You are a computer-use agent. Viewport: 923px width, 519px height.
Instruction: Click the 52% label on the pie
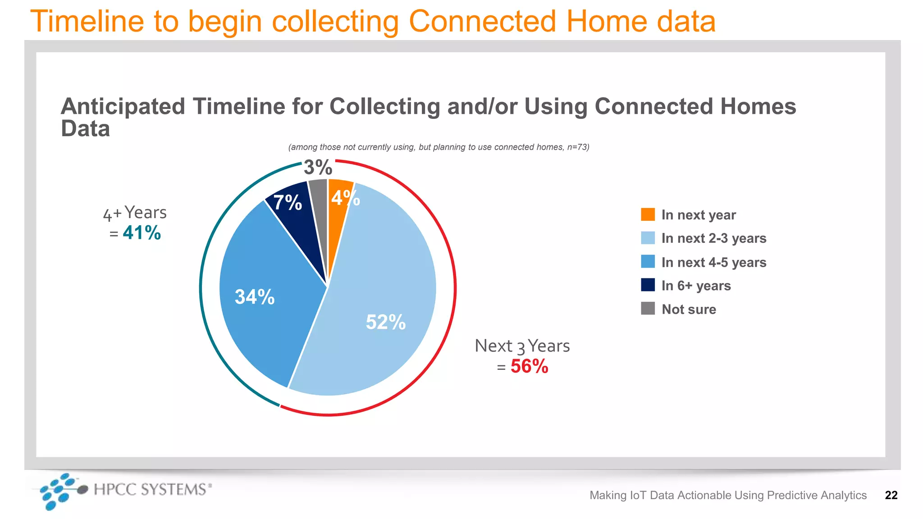pyautogui.click(x=385, y=322)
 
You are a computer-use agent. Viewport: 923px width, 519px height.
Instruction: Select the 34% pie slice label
pyautogui.click(x=255, y=297)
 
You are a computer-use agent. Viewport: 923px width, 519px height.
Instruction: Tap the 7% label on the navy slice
pyautogui.click(x=288, y=202)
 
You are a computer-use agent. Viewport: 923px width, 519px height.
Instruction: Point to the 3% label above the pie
pyautogui.click(x=318, y=168)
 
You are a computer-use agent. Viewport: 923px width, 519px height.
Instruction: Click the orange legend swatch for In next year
pyautogui.click(x=648, y=214)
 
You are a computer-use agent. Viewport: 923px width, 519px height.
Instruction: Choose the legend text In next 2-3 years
pyautogui.click(x=713, y=238)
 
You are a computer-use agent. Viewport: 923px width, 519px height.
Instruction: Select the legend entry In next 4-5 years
pyautogui.click(x=713, y=262)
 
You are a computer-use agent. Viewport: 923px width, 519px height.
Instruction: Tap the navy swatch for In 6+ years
pyautogui.click(x=648, y=285)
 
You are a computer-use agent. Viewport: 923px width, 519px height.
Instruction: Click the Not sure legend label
pyautogui.click(x=689, y=310)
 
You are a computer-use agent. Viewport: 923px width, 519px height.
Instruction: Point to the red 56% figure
pyautogui.click(x=529, y=366)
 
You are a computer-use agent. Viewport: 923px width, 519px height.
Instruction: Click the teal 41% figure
pyautogui.click(x=142, y=233)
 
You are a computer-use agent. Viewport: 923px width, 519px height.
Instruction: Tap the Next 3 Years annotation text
pyautogui.click(x=522, y=346)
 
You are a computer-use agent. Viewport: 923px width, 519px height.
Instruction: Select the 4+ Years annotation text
pyautogui.click(x=135, y=213)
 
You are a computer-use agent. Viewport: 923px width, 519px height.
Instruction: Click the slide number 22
pyautogui.click(x=891, y=495)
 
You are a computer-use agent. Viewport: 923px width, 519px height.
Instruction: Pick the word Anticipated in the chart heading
pyautogui.click(x=123, y=107)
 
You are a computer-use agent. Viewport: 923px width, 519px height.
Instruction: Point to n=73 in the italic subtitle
pyautogui.click(x=577, y=147)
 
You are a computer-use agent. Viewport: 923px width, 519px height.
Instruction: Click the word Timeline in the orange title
pyautogui.click(x=87, y=21)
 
